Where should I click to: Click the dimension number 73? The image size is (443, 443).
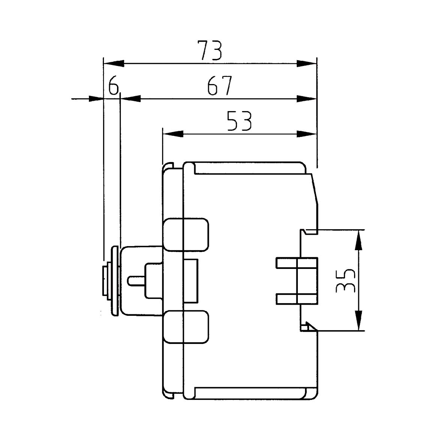click(x=210, y=51)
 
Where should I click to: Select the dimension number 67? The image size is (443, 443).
click(x=220, y=86)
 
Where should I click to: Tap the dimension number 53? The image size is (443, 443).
click(x=239, y=121)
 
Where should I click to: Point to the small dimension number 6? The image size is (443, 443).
click(x=113, y=86)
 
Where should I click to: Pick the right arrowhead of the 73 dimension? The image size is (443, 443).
click(x=306, y=63)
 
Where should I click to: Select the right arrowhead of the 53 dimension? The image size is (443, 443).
click(x=306, y=134)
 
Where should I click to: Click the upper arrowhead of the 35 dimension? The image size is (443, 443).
click(x=359, y=240)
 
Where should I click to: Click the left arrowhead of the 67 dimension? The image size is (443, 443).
click(x=131, y=99)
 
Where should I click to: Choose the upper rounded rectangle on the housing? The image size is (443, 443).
click(x=186, y=234)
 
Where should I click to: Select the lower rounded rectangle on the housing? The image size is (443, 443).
click(x=186, y=327)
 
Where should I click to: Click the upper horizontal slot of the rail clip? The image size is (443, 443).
click(x=296, y=263)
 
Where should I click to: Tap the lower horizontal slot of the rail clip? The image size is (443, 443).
click(x=296, y=299)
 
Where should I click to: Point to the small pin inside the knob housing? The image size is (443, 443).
click(x=137, y=280)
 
